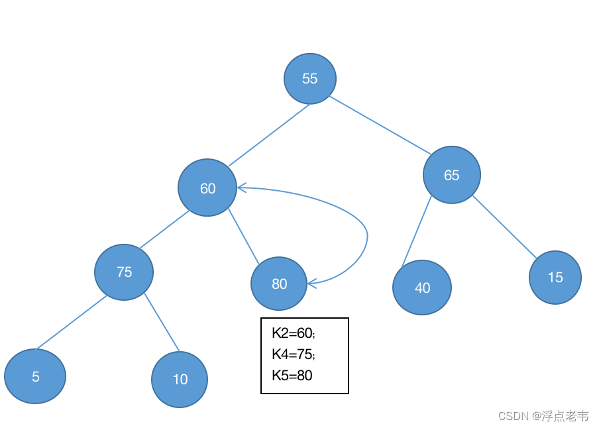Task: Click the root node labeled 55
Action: click(x=310, y=79)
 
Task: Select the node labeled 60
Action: click(x=207, y=187)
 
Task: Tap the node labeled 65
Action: click(x=451, y=175)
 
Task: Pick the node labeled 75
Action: click(x=124, y=272)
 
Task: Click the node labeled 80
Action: click(x=279, y=284)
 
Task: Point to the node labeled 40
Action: click(x=422, y=288)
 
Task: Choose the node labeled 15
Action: click(x=555, y=278)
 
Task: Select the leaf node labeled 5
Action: click(x=35, y=376)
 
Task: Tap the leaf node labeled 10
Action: click(x=180, y=380)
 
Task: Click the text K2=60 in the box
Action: click(x=294, y=333)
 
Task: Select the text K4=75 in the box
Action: click(x=294, y=354)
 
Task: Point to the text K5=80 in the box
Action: click(x=292, y=375)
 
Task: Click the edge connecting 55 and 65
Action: click(x=380, y=125)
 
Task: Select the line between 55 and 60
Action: click(x=269, y=135)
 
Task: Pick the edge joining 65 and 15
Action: click(x=505, y=227)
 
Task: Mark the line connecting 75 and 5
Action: click(x=72, y=322)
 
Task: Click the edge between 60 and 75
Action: click(x=164, y=230)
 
